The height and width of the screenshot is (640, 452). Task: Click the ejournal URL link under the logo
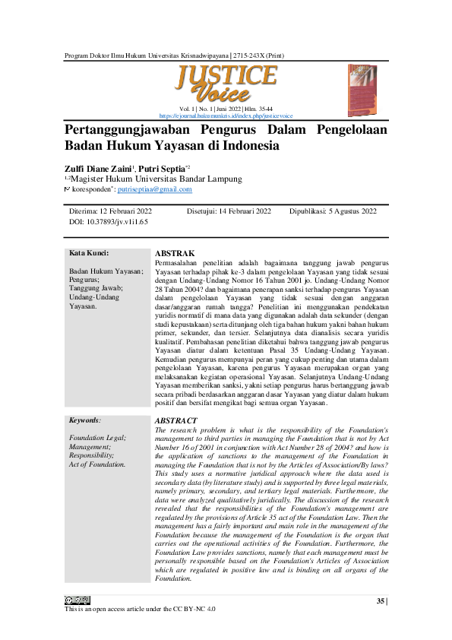(226, 116)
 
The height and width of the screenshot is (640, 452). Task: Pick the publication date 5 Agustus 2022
(348, 211)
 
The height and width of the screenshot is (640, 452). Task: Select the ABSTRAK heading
(175, 252)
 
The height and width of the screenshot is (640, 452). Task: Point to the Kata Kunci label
(89, 253)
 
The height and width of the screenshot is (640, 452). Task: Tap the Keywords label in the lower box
(85, 420)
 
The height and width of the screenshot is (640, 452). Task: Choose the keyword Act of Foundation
(97, 463)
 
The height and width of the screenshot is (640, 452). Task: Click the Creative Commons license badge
(77, 601)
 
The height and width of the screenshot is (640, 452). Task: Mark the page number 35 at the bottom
(381, 601)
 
